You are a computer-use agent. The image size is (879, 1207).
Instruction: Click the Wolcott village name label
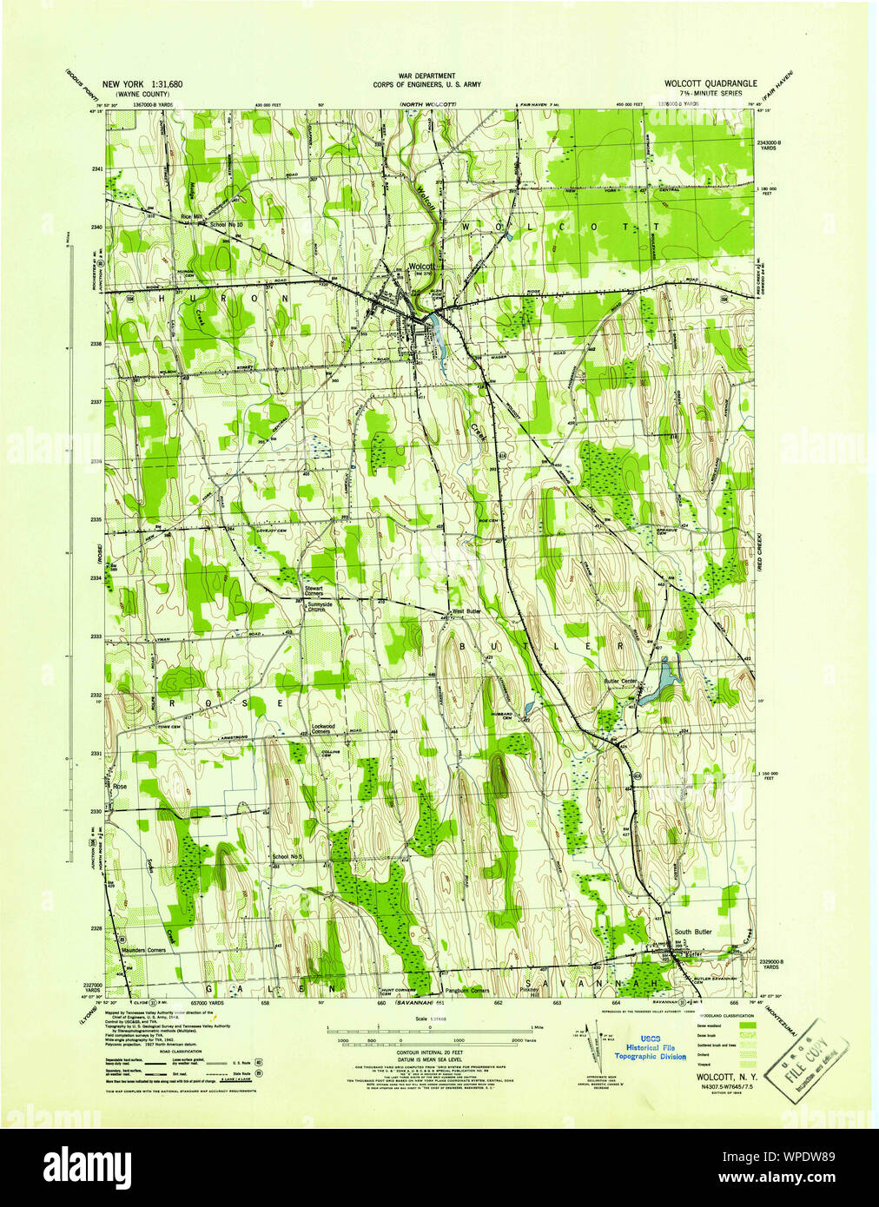click(421, 267)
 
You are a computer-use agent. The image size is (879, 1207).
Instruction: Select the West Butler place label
click(467, 611)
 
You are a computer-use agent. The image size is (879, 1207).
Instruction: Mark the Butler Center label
click(622, 681)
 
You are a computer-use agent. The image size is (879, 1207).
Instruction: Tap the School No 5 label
click(287, 857)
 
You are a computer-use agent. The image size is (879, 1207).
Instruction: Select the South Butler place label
click(693, 932)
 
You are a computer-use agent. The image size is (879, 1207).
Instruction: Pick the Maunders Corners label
click(143, 950)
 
